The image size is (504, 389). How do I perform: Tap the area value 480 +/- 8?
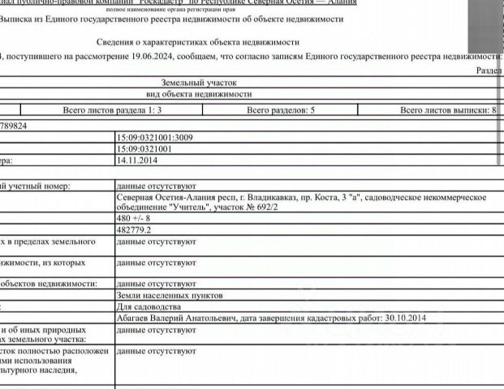coord(134,218)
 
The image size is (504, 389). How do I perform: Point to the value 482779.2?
coord(135,230)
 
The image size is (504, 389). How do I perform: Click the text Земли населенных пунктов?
coord(165,296)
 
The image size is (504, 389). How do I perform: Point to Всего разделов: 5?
coord(281,109)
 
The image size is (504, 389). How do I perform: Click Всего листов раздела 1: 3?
coord(113,109)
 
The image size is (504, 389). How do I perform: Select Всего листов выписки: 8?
coord(448,109)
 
